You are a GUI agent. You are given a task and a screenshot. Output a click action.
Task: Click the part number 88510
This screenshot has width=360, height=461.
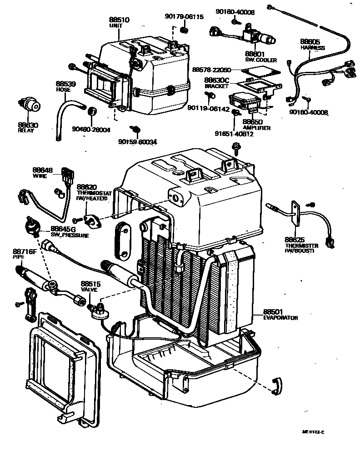click(119, 20)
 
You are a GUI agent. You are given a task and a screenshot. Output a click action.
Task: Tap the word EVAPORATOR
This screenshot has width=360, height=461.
click(280, 318)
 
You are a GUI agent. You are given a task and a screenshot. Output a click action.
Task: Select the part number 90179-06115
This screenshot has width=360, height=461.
click(184, 16)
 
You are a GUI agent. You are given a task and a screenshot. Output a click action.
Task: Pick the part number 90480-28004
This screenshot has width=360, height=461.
click(91, 130)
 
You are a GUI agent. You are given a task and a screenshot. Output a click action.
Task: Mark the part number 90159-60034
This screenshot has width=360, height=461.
click(137, 142)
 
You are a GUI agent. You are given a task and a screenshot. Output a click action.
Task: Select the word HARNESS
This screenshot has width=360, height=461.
click(313, 48)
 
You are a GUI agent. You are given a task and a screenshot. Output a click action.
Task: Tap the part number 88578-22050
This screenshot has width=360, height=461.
click(212, 70)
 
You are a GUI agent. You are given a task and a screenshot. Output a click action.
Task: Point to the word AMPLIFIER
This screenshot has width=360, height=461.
click(256, 128)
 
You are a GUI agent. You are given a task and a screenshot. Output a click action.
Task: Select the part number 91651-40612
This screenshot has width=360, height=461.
click(234, 133)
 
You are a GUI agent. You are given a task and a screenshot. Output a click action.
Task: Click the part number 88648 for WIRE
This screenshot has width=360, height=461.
click(42, 170)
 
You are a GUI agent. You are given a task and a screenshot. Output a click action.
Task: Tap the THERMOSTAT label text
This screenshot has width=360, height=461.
click(92, 193)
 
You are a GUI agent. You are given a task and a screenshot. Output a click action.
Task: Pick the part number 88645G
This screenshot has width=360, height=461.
click(64, 229)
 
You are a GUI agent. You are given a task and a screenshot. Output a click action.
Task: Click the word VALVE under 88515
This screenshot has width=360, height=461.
click(89, 289)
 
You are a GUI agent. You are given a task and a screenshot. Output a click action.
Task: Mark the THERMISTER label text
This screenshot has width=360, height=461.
click(302, 246)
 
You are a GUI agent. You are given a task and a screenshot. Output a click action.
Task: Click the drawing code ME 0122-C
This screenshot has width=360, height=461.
click(313, 432)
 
